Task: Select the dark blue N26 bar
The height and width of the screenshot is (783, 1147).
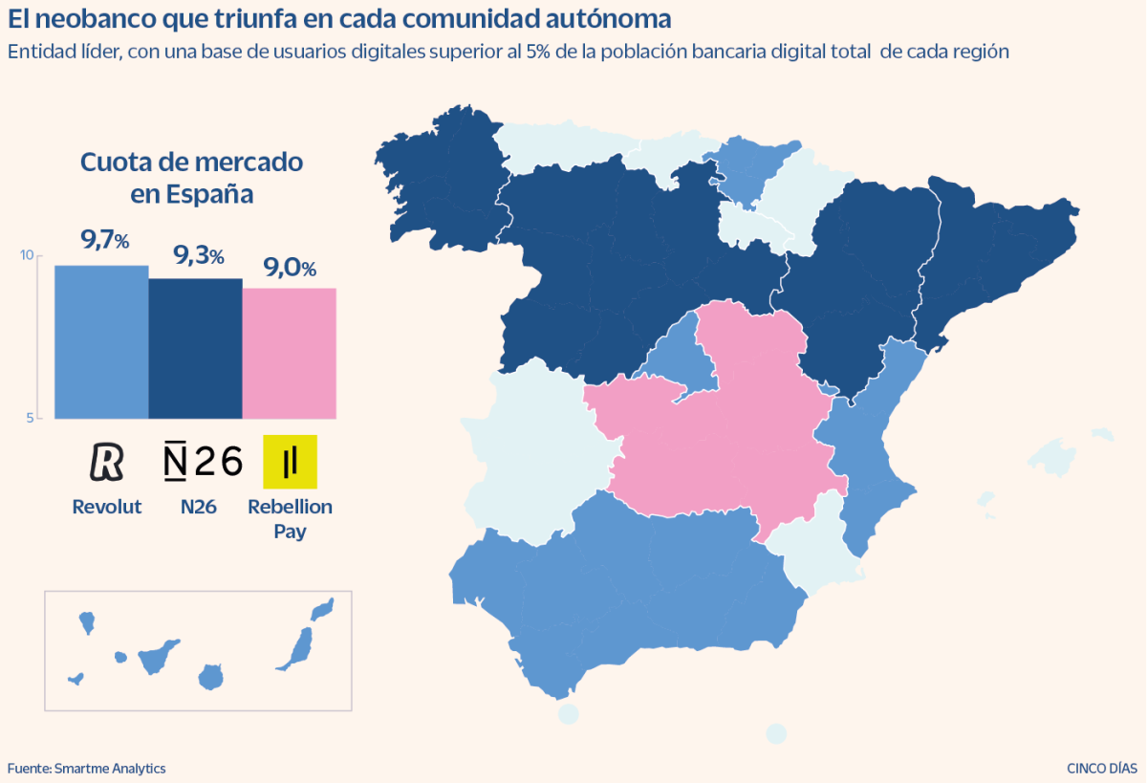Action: pyautogui.click(x=195, y=348)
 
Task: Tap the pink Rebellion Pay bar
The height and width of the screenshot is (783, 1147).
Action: pyautogui.click(x=289, y=353)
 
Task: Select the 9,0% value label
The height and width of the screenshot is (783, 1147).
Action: pyautogui.click(x=290, y=268)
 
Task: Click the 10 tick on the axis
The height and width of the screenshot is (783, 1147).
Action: pyautogui.click(x=27, y=255)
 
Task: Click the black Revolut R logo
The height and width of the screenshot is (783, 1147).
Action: pyautogui.click(x=106, y=462)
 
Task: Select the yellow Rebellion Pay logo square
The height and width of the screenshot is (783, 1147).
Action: pyautogui.click(x=290, y=462)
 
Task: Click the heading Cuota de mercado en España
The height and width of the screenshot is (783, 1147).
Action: pyautogui.click(x=191, y=178)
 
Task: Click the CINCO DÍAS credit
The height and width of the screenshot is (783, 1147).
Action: pyautogui.click(x=1102, y=768)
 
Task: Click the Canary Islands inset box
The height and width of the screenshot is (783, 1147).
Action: pyautogui.click(x=198, y=650)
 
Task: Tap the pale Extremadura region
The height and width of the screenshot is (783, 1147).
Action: pyautogui.click(x=535, y=449)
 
